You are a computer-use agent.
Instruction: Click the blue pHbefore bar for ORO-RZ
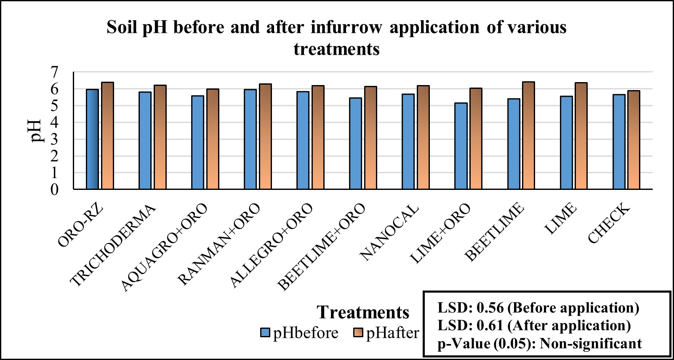click(x=92, y=139)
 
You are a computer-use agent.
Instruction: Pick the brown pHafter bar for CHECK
click(x=634, y=140)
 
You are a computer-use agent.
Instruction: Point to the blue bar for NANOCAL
click(x=408, y=142)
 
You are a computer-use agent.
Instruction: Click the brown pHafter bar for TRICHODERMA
click(x=160, y=137)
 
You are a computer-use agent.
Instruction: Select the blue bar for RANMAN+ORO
click(x=250, y=139)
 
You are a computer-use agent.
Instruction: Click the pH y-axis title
click(x=37, y=131)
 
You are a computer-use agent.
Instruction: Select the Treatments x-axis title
click(x=363, y=312)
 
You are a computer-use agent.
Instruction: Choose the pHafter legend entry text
click(x=392, y=333)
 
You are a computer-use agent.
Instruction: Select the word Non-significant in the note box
click(x=591, y=344)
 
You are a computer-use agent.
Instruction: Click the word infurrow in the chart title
click(x=346, y=27)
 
